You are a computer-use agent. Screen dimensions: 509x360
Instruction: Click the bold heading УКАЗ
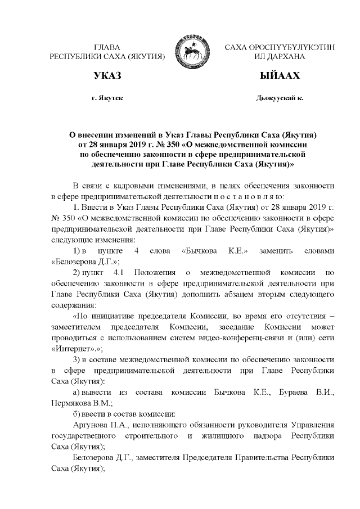coord(107,75)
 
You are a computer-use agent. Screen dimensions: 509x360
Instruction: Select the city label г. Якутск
coord(107,98)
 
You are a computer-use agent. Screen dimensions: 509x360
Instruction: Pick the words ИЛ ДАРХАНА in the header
coord(280,57)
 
